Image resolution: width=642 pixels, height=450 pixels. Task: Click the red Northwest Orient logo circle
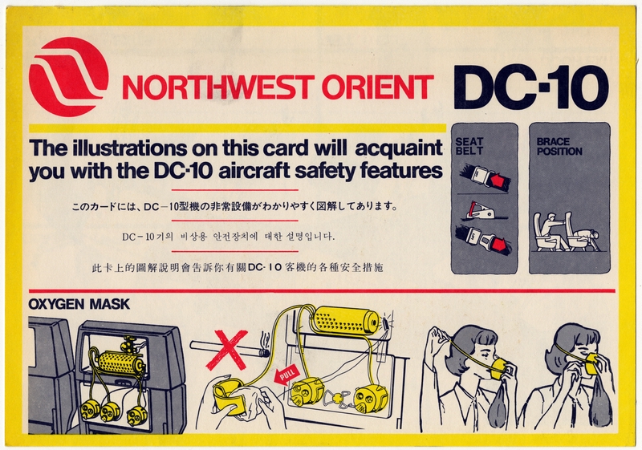pyautogui.click(x=68, y=77)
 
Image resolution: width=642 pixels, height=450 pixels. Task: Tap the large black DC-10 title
pyautogui.click(x=530, y=85)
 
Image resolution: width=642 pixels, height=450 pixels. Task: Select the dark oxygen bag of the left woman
pyautogui.click(x=498, y=406)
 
